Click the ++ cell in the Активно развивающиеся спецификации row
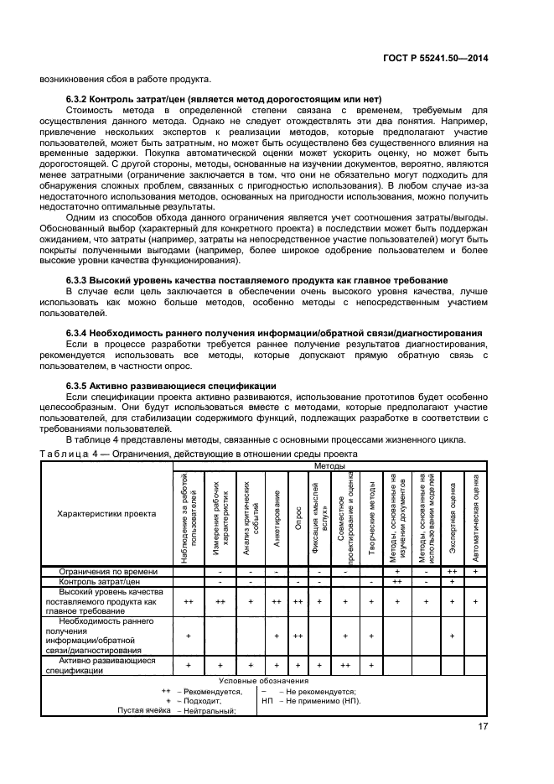(344, 665)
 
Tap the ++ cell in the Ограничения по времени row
(452, 571)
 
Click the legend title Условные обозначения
(263, 681)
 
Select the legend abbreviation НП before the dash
(267, 700)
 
